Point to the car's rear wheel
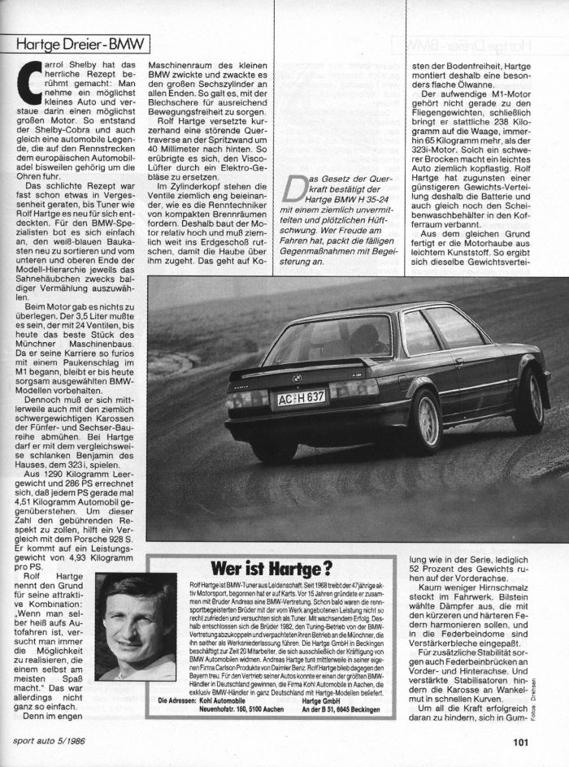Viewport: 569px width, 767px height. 423,420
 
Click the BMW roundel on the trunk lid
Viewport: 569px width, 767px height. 297,379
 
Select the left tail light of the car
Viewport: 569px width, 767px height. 247,399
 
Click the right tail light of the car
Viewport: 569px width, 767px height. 354,389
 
